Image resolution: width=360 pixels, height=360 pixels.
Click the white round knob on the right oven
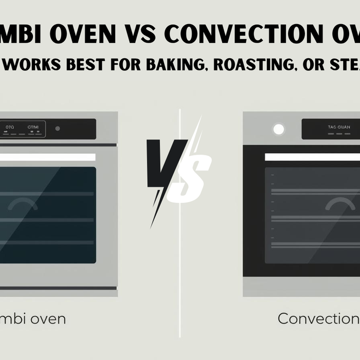point(279,129)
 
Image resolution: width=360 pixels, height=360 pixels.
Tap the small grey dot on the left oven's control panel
point(58,129)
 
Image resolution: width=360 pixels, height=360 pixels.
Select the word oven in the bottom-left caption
point(47,319)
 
